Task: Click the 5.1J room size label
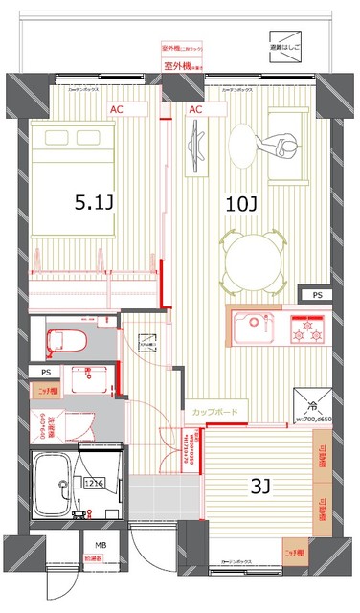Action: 95,203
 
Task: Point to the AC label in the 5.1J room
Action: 116,110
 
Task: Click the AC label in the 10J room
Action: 195,110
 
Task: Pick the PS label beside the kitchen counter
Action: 313,294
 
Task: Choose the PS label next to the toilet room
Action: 45,372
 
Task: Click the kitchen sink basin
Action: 251,326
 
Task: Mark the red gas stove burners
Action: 308,330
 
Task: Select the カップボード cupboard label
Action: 214,412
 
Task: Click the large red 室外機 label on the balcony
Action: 180,65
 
